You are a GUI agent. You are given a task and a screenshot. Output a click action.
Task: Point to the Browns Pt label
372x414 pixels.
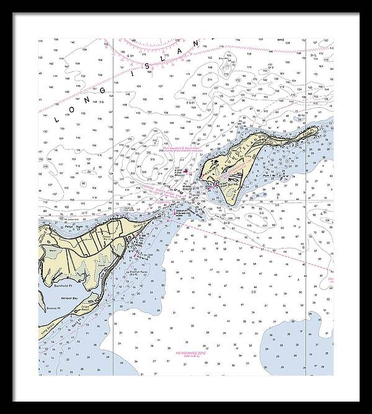coord(49,307)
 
